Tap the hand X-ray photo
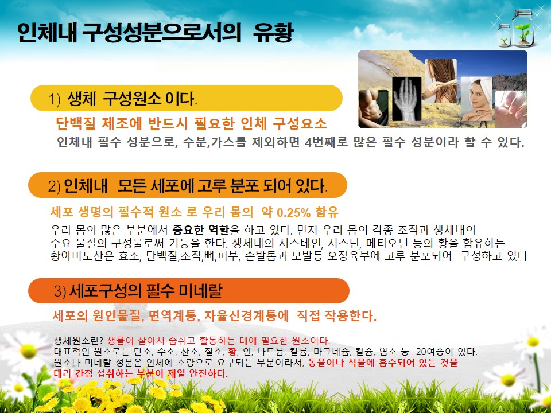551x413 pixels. point(406,99)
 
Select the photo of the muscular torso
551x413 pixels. point(374,108)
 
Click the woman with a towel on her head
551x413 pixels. point(476,99)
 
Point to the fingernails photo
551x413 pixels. point(511,109)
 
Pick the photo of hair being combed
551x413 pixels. point(441,81)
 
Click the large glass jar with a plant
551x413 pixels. point(523,28)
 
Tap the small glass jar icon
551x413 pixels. point(504,35)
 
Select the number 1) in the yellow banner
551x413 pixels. point(55,99)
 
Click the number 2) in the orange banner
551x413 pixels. point(54,186)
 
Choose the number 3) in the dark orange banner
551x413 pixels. point(60,291)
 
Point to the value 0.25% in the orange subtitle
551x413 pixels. point(294,212)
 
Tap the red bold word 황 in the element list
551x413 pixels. point(232,351)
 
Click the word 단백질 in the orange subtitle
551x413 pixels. point(76,123)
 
